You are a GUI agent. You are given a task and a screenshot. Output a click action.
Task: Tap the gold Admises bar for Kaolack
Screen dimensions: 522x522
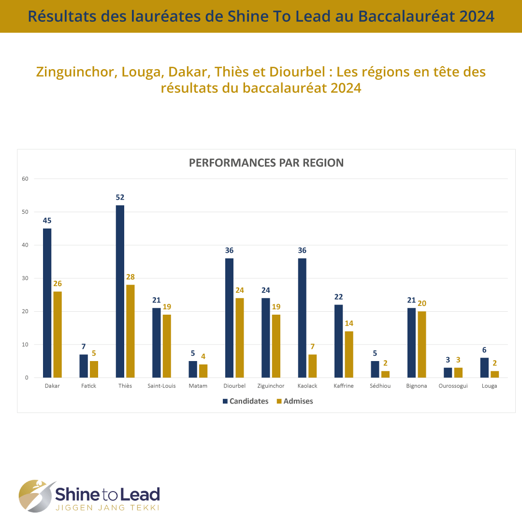click(x=312, y=366)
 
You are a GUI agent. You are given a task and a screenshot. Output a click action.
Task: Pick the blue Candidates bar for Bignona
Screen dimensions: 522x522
click(x=411, y=343)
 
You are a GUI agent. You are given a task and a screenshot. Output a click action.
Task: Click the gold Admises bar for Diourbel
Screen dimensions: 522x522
click(x=239, y=338)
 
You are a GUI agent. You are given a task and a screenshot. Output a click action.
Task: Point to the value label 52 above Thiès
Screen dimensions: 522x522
click(x=120, y=197)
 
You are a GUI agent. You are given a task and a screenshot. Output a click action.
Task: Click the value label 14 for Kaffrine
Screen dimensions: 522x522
click(x=348, y=323)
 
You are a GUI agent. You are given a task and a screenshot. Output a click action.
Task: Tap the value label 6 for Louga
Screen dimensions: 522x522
click(x=484, y=350)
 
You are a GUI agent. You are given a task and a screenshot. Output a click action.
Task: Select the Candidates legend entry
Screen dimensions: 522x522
click(x=245, y=401)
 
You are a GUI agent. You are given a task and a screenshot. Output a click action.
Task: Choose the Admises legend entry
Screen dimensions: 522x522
click(x=294, y=401)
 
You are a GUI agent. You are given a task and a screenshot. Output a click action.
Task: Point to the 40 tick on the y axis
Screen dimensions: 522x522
click(x=25, y=245)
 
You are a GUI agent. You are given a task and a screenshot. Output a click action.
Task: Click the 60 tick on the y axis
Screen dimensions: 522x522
click(x=25, y=179)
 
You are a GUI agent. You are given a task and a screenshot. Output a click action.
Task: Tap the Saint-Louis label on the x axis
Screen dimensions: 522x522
click(x=161, y=386)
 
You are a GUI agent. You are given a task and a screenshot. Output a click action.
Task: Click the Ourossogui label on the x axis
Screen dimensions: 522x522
click(x=453, y=386)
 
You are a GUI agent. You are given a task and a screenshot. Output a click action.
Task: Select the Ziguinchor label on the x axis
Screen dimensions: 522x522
click(x=271, y=386)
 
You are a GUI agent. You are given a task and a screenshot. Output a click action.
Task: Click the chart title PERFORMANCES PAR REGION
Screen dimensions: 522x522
click(x=266, y=163)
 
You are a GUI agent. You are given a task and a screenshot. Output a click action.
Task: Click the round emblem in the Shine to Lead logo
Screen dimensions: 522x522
click(x=37, y=495)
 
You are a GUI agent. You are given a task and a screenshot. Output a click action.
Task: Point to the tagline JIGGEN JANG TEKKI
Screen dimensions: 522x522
click(x=107, y=507)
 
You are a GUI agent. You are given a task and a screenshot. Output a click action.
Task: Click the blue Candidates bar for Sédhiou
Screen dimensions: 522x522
click(x=375, y=369)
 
